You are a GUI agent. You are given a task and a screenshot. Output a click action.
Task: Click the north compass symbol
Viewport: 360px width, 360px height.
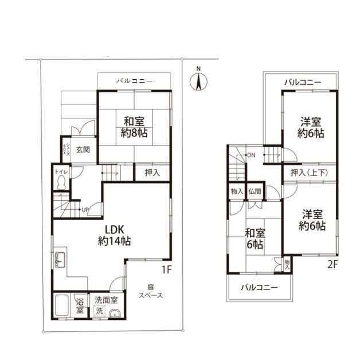[x=198, y=81]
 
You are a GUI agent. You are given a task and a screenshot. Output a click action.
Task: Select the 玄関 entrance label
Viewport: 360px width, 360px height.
[x=82, y=150]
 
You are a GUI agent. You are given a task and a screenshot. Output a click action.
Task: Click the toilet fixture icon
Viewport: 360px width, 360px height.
[x=61, y=182]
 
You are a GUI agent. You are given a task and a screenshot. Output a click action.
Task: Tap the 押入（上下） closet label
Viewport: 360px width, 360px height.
[x=309, y=172]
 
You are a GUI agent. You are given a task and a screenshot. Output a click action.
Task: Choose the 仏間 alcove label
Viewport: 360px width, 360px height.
[x=256, y=191]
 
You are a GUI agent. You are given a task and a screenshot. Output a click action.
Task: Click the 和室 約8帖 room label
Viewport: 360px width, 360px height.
[x=135, y=127]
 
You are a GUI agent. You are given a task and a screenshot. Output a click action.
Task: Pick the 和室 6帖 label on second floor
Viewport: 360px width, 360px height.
[x=255, y=239]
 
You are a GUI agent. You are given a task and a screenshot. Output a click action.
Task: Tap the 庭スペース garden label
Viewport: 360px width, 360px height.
[x=151, y=291]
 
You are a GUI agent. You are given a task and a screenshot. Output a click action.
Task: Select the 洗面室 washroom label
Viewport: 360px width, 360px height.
[x=106, y=300]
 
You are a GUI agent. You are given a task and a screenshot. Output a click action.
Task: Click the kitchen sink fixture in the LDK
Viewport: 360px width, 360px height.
[x=59, y=261]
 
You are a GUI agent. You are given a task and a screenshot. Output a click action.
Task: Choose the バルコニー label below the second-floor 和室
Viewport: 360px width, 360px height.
[x=259, y=287]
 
